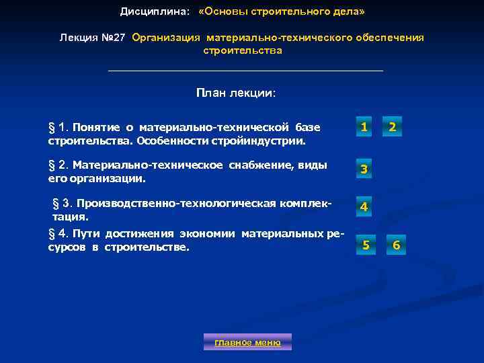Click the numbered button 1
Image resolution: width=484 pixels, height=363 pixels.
[363, 126]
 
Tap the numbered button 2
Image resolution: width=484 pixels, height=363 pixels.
[393, 126]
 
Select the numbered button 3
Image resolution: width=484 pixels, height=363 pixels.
[363, 169]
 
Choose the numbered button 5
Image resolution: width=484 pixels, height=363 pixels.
[366, 245]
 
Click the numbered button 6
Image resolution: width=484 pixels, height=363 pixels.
[396, 245]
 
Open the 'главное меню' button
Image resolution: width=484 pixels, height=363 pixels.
[247, 342]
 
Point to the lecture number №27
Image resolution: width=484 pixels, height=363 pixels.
[114, 38]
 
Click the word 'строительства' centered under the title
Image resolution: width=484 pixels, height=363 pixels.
[243, 50]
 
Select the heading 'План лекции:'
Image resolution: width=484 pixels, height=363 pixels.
[236, 93]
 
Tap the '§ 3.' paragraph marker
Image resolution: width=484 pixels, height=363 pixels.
[62, 204]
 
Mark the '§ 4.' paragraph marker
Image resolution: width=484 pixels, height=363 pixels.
[58, 234]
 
